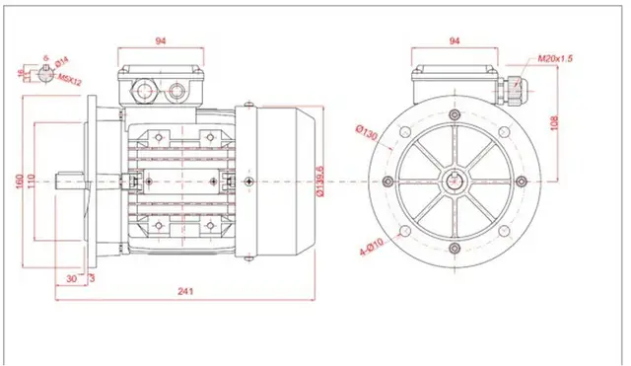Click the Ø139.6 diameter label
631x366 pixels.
pos(322,182)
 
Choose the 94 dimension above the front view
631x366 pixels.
pos(456,41)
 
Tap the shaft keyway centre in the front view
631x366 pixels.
pos(455,181)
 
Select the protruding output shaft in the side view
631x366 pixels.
pos(74,182)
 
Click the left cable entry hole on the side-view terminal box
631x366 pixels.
pos(145,95)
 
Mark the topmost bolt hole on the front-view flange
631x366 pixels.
pos(455,115)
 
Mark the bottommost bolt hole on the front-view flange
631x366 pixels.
pos(455,246)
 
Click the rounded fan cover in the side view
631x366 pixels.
pos(286,182)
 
